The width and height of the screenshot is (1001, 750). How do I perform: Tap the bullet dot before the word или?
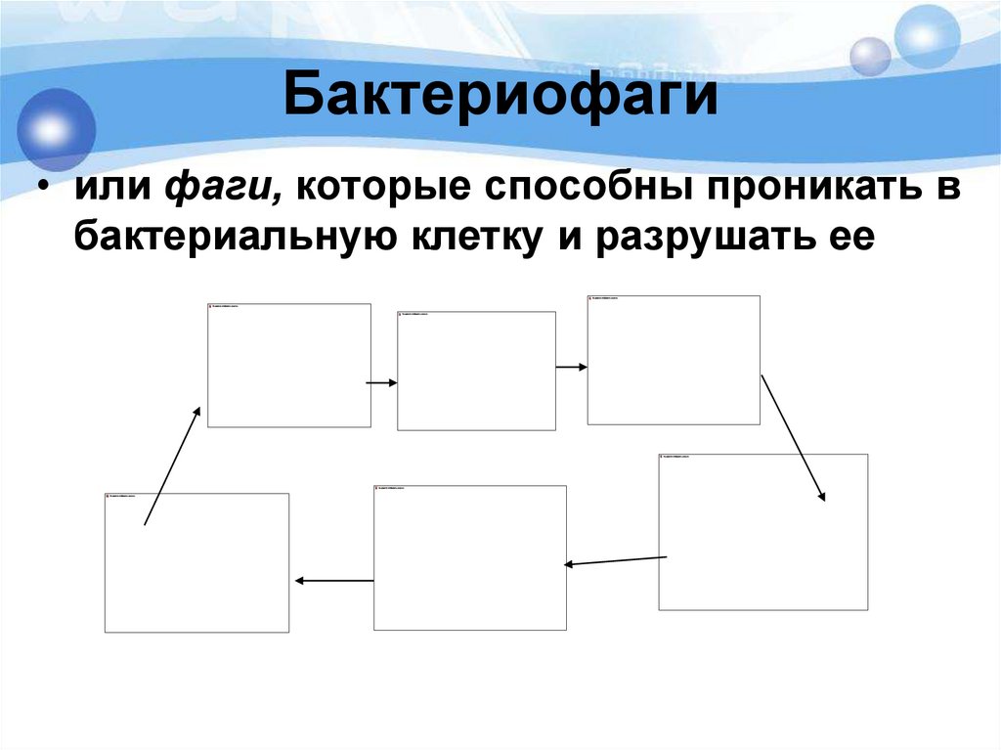pyautogui.click(x=45, y=189)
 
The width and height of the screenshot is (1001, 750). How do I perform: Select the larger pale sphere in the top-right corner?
pyautogui.click(x=928, y=37)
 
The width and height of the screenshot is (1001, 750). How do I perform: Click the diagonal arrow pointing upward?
pyautogui.click(x=172, y=466)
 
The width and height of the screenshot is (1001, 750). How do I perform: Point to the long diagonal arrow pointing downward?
pyautogui.click(x=793, y=437)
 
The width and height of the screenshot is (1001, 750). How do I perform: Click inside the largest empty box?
pyautogui.click(x=762, y=532)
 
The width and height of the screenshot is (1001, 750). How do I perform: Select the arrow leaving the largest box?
pyautogui.click(x=616, y=560)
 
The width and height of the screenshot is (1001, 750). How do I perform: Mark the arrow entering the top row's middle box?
pyautogui.click(x=382, y=382)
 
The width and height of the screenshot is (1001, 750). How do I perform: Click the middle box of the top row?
pyautogui.click(x=476, y=371)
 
